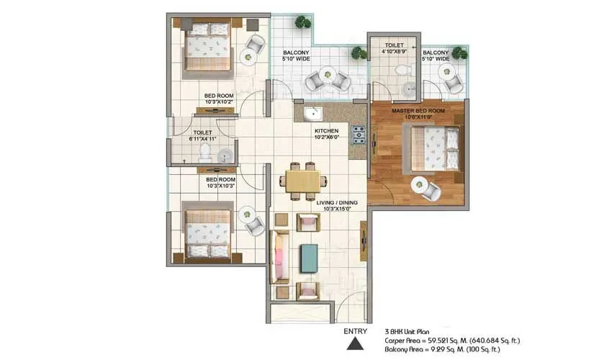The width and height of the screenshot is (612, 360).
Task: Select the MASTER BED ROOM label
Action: tap(418, 111)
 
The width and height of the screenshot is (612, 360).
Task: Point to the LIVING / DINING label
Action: tap(337, 202)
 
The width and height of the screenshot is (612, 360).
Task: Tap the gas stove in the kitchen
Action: tap(358, 134)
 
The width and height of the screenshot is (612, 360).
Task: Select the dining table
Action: tap(303, 181)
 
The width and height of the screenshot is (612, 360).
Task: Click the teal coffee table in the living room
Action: tap(309, 257)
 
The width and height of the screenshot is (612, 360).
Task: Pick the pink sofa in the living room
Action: tap(279, 257)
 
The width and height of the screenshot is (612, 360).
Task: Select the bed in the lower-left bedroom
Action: tap(208, 233)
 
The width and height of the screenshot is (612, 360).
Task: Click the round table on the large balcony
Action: tap(326, 77)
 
